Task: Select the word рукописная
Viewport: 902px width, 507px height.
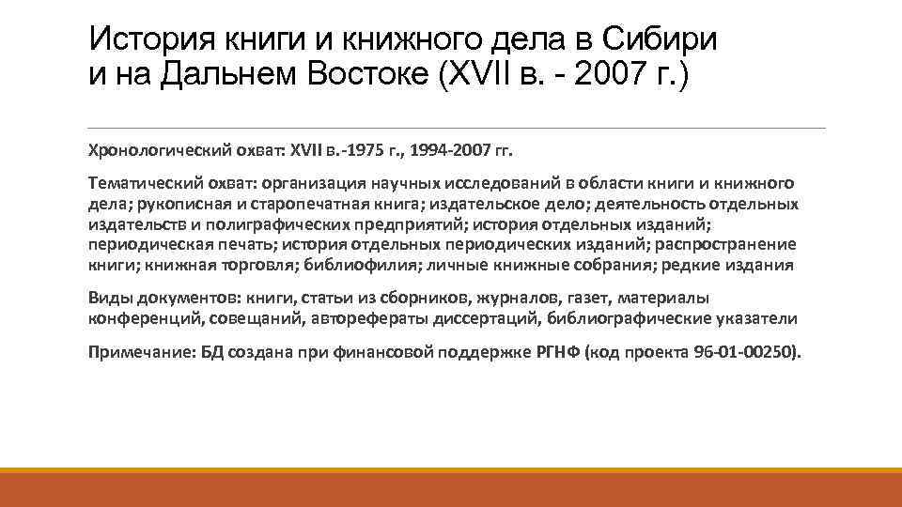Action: [x=177, y=203]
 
